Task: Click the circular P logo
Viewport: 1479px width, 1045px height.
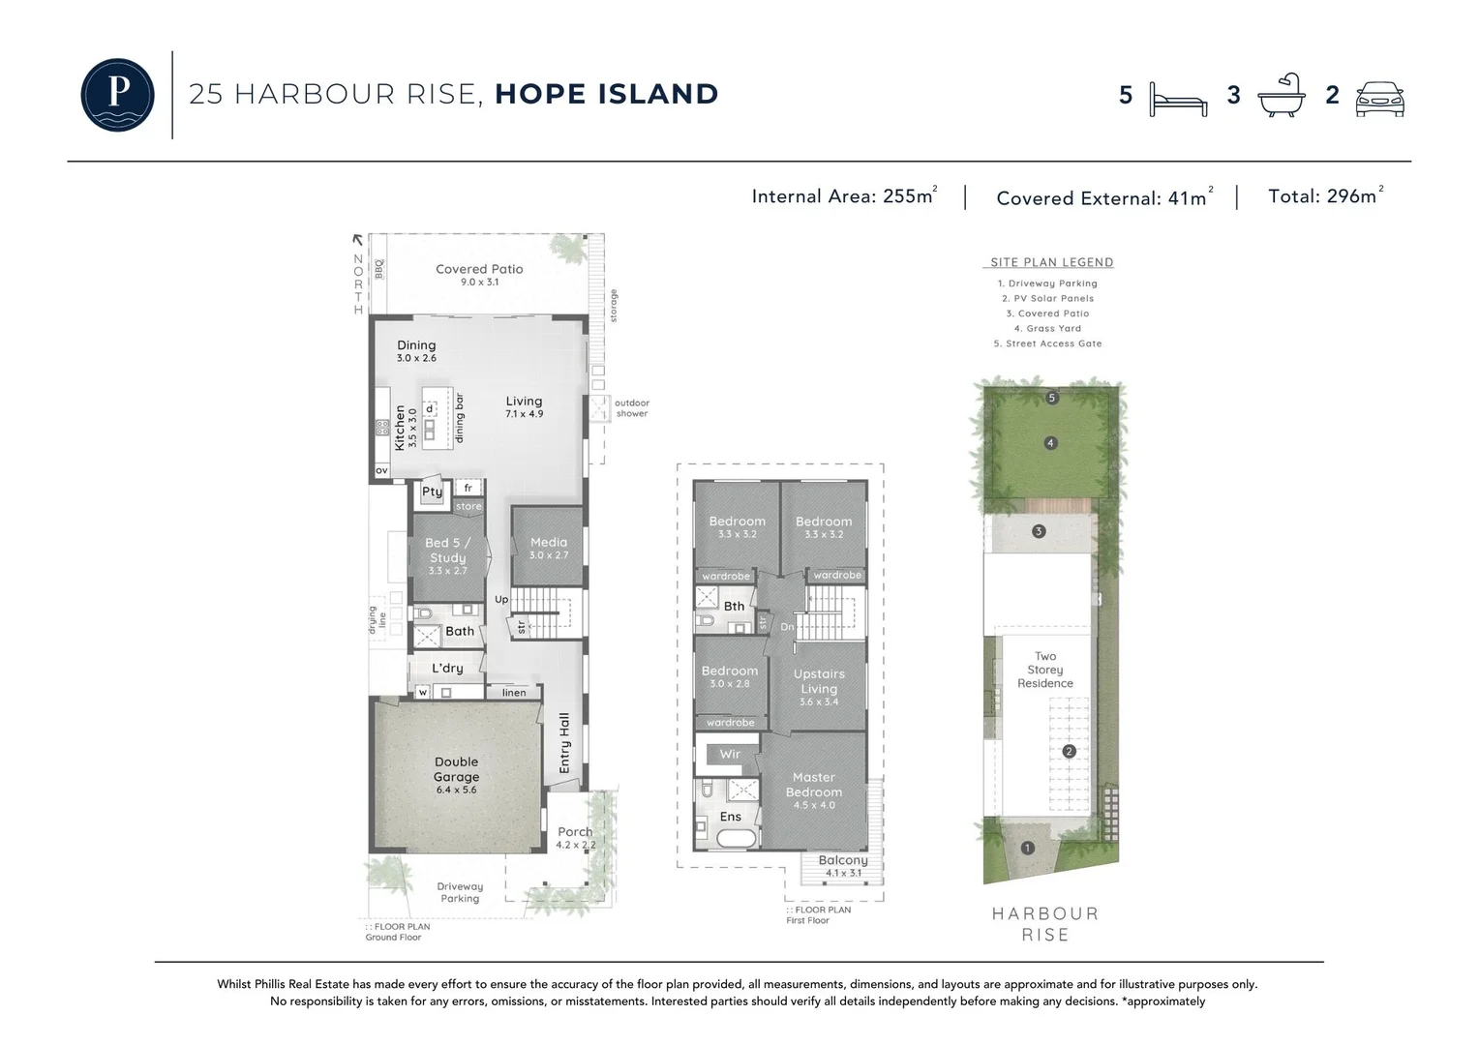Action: click(117, 95)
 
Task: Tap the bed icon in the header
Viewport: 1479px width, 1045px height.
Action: click(1178, 98)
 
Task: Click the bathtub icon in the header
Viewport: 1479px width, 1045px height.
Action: click(1281, 96)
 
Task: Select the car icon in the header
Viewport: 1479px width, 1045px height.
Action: click(1379, 98)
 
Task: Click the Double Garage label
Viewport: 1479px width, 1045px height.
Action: click(456, 770)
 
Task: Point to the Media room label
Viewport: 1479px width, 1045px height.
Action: click(549, 543)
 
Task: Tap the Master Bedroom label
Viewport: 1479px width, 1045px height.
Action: click(813, 785)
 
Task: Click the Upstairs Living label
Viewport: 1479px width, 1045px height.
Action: click(819, 681)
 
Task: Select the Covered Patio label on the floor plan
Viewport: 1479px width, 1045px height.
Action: click(479, 270)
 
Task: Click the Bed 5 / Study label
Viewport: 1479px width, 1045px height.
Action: click(447, 551)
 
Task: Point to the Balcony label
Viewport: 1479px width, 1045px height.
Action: click(843, 860)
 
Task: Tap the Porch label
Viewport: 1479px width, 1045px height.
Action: click(575, 832)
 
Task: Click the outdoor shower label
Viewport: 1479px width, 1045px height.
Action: click(632, 408)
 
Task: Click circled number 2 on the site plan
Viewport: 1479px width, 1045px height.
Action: click(1069, 751)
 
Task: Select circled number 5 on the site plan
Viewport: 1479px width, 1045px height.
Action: click(1052, 398)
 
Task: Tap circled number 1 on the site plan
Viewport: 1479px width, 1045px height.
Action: click(1027, 848)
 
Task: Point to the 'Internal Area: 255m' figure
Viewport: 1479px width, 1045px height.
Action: click(843, 196)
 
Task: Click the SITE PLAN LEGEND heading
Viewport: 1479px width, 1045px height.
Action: click(1051, 262)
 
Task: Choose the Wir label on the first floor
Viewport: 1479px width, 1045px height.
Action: click(730, 754)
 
